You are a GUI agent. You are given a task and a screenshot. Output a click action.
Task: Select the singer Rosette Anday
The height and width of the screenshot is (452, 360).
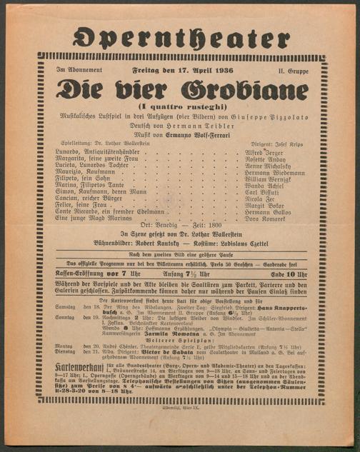(x=267, y=159)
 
